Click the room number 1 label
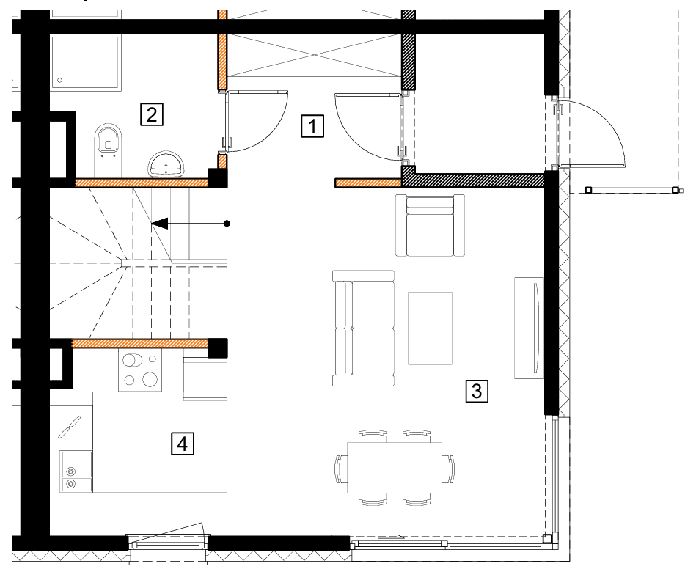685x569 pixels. [312, 126]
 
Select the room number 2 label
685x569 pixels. [152, 114]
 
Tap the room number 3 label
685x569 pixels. [477, 391]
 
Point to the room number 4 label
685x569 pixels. [182, 444]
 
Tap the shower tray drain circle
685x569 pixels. [60, 81]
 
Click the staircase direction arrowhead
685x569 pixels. [159, 223]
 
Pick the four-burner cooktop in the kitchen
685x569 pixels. [140, 370]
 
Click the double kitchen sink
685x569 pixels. [76, 471]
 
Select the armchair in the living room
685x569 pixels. [430, 225]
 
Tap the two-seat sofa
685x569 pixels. [364, 328]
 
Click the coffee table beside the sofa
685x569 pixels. [430, 328]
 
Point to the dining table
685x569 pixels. [395, 468]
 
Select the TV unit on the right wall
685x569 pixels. [529, 328]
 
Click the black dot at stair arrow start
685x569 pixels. [227, 223]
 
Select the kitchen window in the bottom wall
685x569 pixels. [168, 545]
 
